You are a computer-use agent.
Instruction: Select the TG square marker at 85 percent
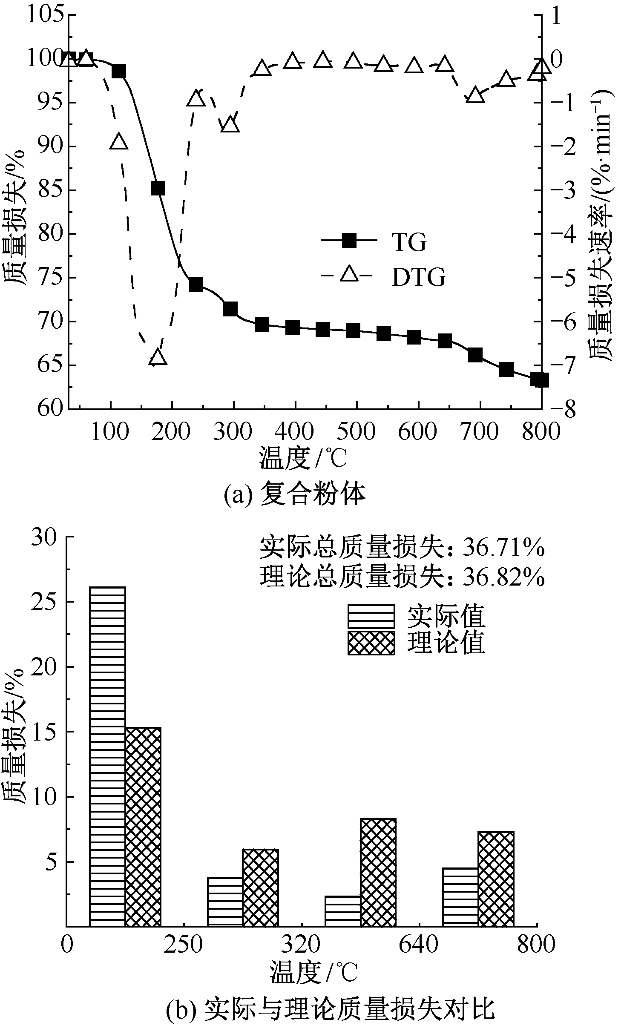[x=158, y=188]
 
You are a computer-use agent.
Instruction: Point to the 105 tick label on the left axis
[x=45, y=15]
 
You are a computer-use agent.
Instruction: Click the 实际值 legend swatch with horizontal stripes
[x=371, y=616]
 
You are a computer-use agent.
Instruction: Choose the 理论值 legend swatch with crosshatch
[x=371, y=643]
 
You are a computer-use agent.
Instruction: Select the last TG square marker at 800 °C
[x=539, y=379]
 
